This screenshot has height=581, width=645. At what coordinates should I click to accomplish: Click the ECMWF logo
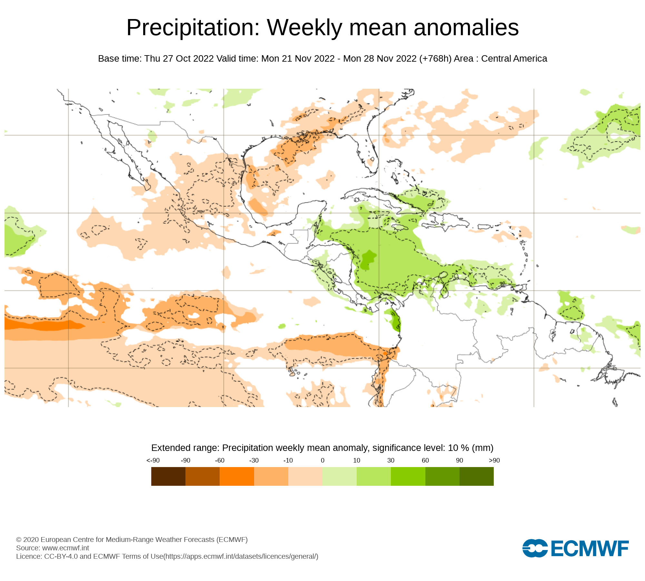(x=575, y=548)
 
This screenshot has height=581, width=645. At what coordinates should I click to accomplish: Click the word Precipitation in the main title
(x=193, y=28)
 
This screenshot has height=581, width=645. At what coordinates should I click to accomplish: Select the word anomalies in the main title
(x=466, y=28)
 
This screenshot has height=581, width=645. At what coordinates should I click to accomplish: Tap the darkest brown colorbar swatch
(x=168, y=476)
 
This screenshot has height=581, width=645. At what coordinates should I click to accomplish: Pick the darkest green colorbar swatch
(x=476, y=476)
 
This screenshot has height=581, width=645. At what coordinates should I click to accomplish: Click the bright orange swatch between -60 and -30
(x=237, y=476)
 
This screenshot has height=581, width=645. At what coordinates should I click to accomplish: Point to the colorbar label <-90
(x=153, y=460)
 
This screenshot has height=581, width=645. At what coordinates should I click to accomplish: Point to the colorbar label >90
(x=494, y=460)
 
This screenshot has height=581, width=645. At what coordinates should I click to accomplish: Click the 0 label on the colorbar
(x=322, y=460)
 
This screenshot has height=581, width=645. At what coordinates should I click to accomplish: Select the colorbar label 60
(x=425, y=460)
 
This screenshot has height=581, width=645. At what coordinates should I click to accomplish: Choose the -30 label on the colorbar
(x=254, y=460)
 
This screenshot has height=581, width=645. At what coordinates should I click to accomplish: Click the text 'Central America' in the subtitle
(x=514, y=59)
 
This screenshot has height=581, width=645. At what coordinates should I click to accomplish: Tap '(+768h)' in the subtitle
(x=435, y=59)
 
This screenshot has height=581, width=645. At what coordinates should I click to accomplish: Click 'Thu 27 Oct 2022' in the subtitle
(x=179, y=59)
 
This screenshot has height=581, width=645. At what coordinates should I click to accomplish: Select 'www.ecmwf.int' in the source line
(x=65, y=548)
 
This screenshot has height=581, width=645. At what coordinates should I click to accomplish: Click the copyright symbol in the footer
(x=19, y=540)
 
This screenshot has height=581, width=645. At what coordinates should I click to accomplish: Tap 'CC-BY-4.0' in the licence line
(x=61, y=556)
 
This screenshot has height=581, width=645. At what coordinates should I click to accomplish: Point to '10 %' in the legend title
(x=458, y=448)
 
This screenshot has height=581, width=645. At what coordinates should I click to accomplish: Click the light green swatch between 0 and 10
(x=339, y=476)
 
